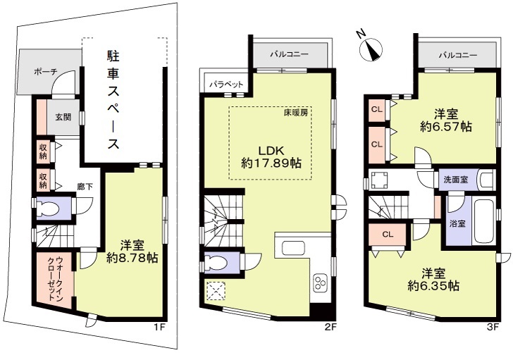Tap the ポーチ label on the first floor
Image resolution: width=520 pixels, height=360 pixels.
tap(45, 72)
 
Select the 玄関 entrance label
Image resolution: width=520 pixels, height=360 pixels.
tap(63, 118)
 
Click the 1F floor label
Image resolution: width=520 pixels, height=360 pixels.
tap(161, 327)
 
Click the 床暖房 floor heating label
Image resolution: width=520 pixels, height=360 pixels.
tap(297, 113)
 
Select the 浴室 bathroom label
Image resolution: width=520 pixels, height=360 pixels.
tap(457, 224)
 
